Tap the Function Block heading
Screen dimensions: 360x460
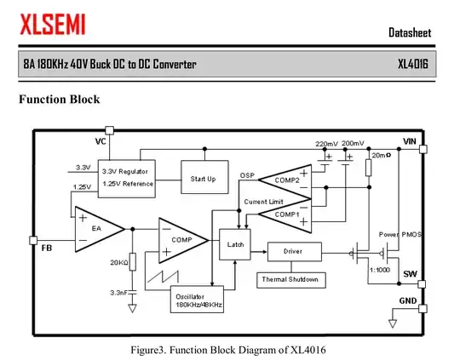(x=60, y=100)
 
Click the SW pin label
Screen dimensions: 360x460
(x=410, y=273)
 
